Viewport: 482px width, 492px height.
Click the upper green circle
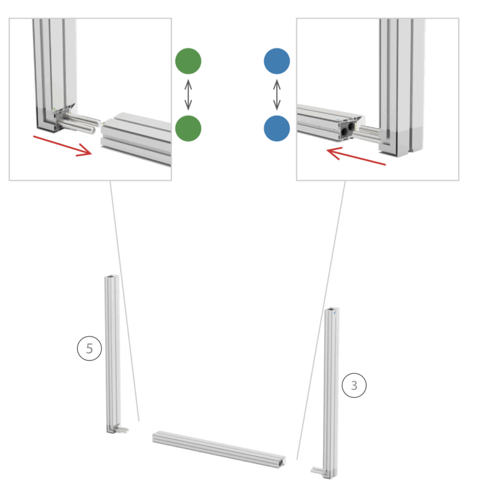click(x=188, y=61)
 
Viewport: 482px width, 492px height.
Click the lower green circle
click(x=188, y=129)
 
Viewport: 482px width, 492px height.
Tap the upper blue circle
click(x=277, y=61)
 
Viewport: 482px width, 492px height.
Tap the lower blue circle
click(x=277, y=129)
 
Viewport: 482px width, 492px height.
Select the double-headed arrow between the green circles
click(x=188, y=95)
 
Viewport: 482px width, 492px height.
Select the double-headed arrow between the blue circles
click(x=277, y=95)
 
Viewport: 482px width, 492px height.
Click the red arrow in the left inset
click(x=63, y=145)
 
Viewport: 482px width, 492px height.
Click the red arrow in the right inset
click(x=356, y=156)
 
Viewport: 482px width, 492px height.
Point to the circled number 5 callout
click(x=89, y=348)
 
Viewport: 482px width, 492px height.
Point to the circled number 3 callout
click(x=354, y=386)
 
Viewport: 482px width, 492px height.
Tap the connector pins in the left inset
click(x=79, y=124)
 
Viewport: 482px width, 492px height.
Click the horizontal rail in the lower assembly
click(x=219, y=450)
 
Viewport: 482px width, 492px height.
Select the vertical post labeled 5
click(x=113, y=354)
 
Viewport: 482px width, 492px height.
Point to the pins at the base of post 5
click(x=121, y=428)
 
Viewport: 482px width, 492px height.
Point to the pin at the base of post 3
click(x=317, y=470)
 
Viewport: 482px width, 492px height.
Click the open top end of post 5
click(x=112, y=276)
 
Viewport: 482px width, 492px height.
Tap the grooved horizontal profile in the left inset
click(x=136, y=138)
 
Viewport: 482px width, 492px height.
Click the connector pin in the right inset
click(x=367, y=132)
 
